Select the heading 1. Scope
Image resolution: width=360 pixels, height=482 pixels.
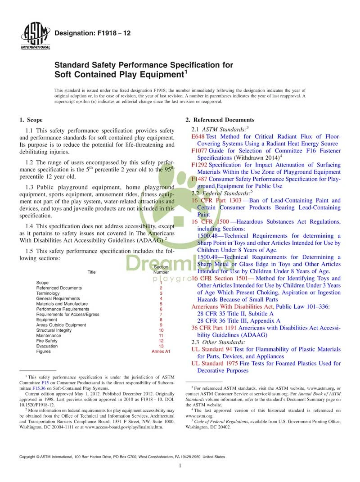[x=31, y=120]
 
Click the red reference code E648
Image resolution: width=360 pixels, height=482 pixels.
[x=198, y=136]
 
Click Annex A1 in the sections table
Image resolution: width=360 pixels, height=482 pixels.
[x=161, y=351]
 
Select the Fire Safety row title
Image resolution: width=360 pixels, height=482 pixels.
[x=47, y=341]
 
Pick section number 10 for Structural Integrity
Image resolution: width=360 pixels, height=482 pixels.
[x=161, y=330]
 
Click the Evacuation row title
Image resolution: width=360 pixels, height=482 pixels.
[x=46, y=346]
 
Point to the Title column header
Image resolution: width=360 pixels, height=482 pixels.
[x=91, y=272]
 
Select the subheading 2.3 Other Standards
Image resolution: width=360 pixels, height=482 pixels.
[x=219, y=342]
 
